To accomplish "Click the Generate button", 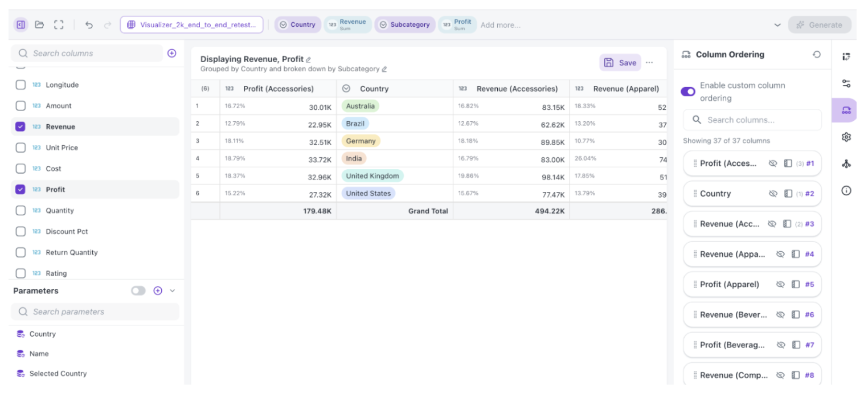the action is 820,25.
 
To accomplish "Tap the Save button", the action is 620,63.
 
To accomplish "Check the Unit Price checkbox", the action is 21,148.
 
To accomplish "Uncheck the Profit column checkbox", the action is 21,190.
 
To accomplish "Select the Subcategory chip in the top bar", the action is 405,25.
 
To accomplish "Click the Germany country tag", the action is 361,141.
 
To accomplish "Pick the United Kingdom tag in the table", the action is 372,176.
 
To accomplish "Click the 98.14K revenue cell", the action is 553,177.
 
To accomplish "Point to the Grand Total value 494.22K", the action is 550,211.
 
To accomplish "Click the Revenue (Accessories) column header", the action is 517,89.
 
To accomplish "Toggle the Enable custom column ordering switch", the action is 688,92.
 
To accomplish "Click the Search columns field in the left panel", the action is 87,53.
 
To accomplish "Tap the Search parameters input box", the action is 95,312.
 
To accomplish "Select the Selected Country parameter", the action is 58,374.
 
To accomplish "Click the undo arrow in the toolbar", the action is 89,25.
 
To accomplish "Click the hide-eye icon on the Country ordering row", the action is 773,193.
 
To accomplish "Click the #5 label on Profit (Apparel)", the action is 809,284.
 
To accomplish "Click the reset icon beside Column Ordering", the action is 817,55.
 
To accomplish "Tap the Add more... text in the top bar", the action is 500,25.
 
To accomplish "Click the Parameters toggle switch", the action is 138,290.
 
